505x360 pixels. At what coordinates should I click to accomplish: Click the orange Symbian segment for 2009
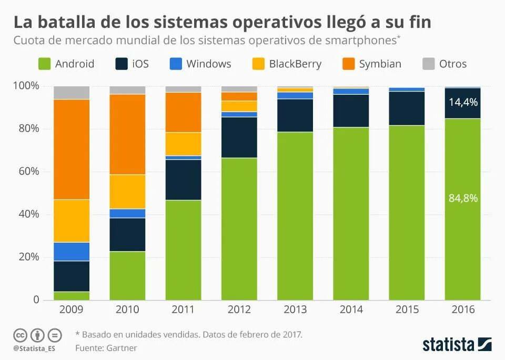72,149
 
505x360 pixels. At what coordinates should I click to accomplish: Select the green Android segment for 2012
239,228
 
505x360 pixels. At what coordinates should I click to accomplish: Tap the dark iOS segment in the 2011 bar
184,179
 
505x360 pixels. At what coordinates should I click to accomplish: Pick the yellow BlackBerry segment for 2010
127,192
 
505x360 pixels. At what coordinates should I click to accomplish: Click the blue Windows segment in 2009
72,252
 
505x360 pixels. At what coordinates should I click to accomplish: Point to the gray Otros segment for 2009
72,93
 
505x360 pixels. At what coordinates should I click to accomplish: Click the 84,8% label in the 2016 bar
463,198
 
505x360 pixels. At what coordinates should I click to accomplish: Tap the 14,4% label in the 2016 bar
463,102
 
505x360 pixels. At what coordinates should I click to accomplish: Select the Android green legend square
45,64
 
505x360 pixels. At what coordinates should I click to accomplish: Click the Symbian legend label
380,64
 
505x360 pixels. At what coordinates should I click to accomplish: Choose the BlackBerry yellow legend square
258,64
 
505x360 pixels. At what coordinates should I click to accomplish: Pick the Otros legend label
452,64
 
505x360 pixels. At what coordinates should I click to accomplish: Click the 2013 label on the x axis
295,309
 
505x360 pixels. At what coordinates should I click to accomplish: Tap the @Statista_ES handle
34,348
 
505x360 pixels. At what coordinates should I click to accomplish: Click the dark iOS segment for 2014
351,111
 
